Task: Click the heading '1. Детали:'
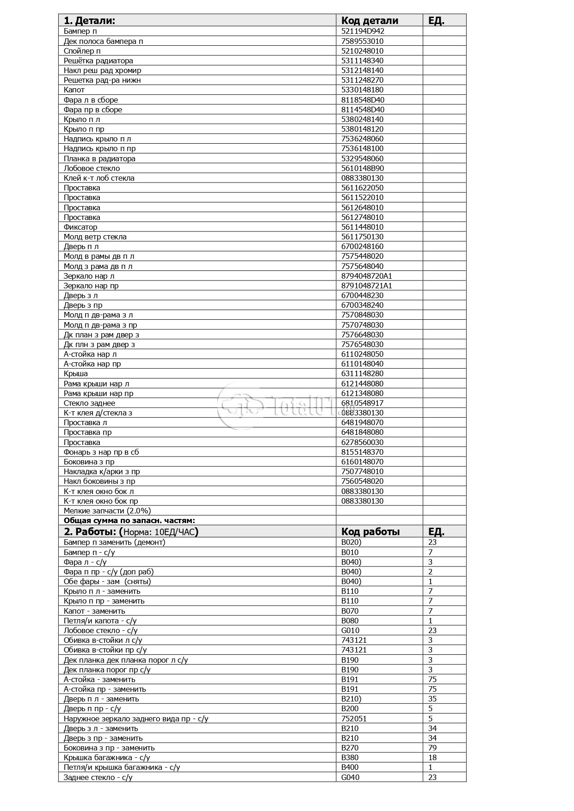click(x=89, y=20)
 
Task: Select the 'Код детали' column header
click(x=370, y=20)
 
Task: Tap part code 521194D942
click(x=363, y=31)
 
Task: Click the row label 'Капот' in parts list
click(x=74, y=90)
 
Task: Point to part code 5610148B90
click(x=363, y=168)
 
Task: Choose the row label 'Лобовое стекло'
click(x=92, y=168)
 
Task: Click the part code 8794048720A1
click(x=366, y=276)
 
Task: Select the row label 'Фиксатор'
click(x=80, y=227)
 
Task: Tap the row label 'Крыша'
click(x=75, y=373)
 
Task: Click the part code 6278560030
click(x=362, y=442)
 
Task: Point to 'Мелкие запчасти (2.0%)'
click(x=107, y=511)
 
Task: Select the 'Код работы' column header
click(x=370, y=531)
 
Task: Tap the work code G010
click(x=350, y=630)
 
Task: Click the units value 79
click(x=432, y=748)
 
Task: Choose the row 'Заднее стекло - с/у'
click(x=98, y=777)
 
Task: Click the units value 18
click(x=432, y=757)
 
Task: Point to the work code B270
click(x=350, y=748)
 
